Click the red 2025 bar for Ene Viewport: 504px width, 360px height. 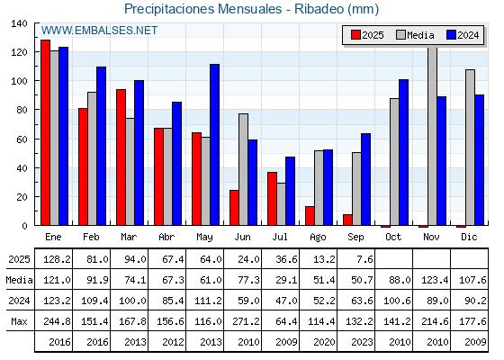click(x=45, y=132)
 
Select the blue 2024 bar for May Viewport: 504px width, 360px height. click(x=215, y=145)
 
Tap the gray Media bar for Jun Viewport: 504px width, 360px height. click(x=243, y=169)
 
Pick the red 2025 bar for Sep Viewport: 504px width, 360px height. click(x=347, y=220)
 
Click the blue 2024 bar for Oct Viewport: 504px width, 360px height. click(x=404, y=152)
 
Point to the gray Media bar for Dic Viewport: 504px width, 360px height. click(x=470, y=148)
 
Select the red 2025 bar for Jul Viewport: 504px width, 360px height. click(x=272, y=199)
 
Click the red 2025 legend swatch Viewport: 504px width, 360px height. click(x=355, y=35)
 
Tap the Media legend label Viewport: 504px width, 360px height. click(x=420, y=35)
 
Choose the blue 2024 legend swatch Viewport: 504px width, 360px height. click(x=451, y=35)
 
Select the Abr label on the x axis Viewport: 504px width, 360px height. click(x=166, y=237)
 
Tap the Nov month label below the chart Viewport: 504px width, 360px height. click(x=431, y=237)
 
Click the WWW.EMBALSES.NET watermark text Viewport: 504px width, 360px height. click(x=99, y=31)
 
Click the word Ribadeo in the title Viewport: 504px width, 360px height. click(x=319, y=9)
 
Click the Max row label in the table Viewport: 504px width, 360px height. click(x=19, y=321)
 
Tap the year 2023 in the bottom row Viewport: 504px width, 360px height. click(x=362, y=342)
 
